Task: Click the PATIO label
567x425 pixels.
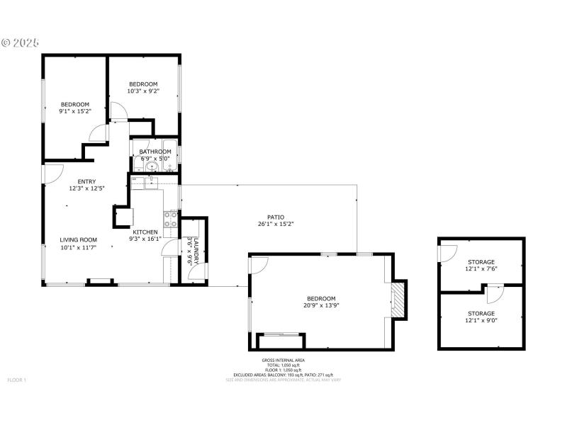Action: [x=275, y=217]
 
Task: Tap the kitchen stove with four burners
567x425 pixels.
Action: [x=171, y=218]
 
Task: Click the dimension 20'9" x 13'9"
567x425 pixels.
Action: [x=321, y=306]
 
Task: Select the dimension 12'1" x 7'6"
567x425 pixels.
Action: [x=481, y=269]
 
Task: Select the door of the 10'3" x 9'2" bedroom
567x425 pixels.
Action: [x=118, y=111]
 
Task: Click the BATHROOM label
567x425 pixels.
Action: [x=155, y=152]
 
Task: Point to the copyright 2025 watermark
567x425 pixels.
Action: [x=21, y=42]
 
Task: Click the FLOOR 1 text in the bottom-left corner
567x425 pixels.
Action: [x=16, y=380]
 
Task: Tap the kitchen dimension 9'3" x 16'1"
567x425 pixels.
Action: [x=145, y=239]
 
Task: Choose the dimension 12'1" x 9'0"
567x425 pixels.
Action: [x=481, y=320]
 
